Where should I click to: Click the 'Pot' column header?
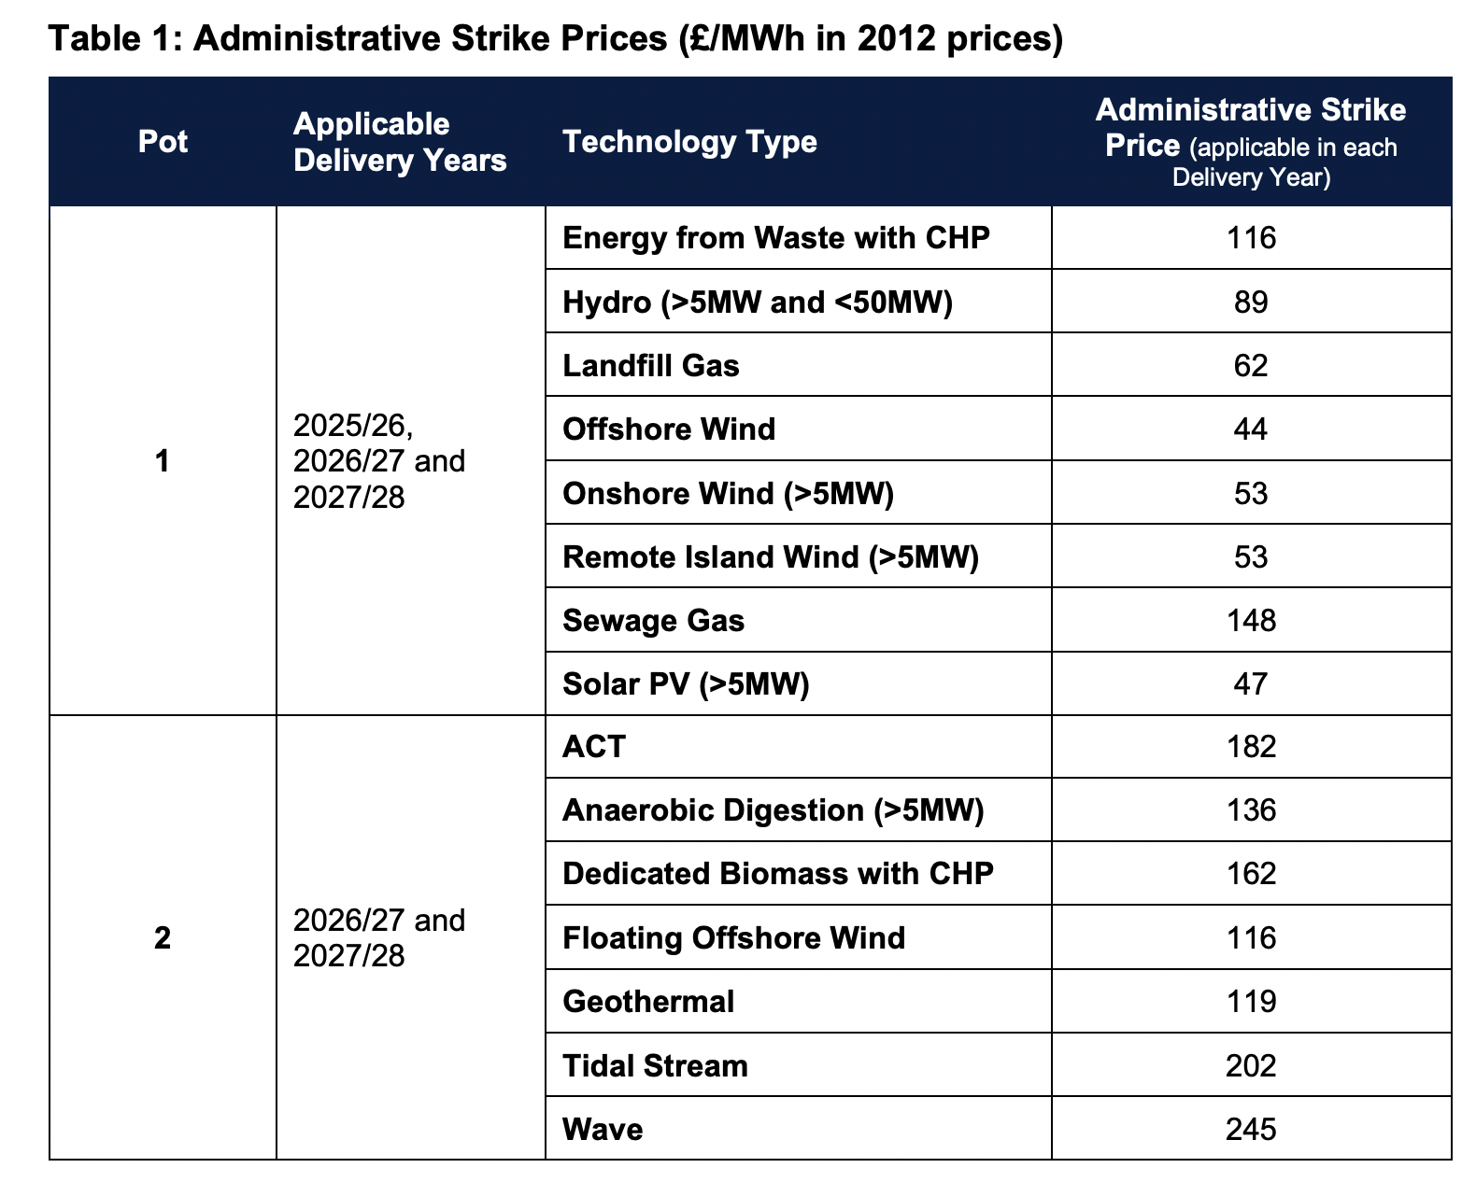163,142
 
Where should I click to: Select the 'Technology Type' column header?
689,143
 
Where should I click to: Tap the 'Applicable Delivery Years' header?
400,142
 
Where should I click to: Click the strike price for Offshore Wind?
1250,429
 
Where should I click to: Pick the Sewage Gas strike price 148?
1250,621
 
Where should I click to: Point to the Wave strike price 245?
1250,1129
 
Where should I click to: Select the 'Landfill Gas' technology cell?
651,365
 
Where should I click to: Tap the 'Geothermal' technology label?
648,1002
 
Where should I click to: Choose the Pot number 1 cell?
163,460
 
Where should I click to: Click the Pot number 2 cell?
163,937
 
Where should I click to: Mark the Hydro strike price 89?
1250,302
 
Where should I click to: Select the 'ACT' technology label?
594,747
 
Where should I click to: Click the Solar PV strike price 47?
1250,684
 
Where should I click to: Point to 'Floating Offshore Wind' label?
734,938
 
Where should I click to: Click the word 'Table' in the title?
94,37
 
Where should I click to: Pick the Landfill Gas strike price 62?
1250,365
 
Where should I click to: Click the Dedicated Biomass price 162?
1250,874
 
